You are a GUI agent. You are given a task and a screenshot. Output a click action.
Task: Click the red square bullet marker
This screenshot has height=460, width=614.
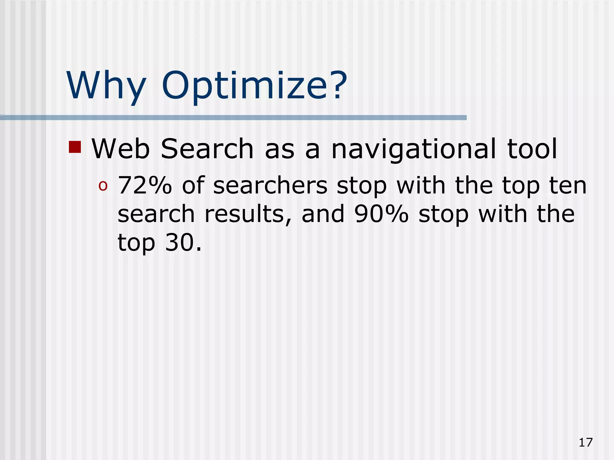click(75, 147)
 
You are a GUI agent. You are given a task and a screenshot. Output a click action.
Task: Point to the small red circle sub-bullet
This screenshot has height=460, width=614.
click(103, 186)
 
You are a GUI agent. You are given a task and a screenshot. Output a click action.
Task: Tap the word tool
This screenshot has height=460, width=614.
click(532, 149)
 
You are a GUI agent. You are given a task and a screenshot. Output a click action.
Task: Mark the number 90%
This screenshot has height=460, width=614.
click(381, 215)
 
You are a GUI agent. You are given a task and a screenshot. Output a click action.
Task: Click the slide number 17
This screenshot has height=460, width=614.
click(586, 442)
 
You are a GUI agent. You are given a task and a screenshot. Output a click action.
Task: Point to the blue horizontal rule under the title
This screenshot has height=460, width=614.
click(233, 118)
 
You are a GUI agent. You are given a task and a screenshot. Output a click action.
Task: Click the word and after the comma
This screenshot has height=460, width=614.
click(323, 215)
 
